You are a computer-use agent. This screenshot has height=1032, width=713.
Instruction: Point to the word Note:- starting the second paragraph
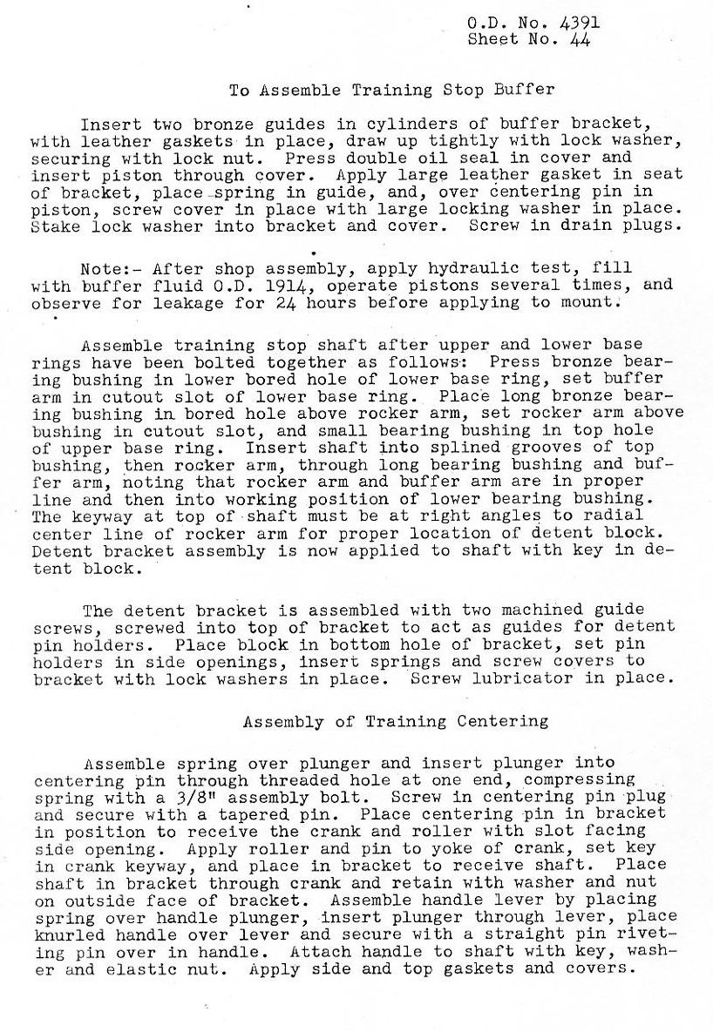(104, 268)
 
